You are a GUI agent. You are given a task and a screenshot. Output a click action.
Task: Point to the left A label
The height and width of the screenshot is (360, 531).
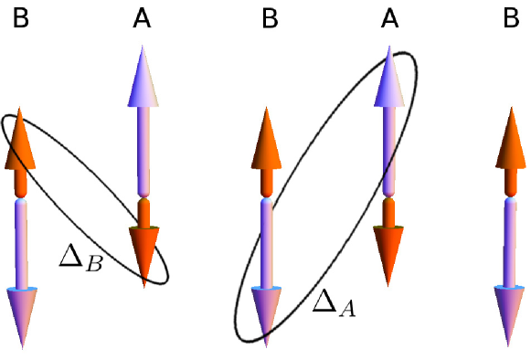point(142,16)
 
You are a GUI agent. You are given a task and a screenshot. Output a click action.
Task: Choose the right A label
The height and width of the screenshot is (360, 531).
point(390,16)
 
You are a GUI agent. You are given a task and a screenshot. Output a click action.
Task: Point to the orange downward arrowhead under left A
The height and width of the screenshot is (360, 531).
point(143,256)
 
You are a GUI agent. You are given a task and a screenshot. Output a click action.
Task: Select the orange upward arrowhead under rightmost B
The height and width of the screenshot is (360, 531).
point(511,142)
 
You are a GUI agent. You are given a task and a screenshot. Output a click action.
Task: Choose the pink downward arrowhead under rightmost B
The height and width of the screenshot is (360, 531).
point(511,315)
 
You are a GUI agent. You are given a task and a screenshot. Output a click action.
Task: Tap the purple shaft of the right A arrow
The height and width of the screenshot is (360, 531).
point(390,146)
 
